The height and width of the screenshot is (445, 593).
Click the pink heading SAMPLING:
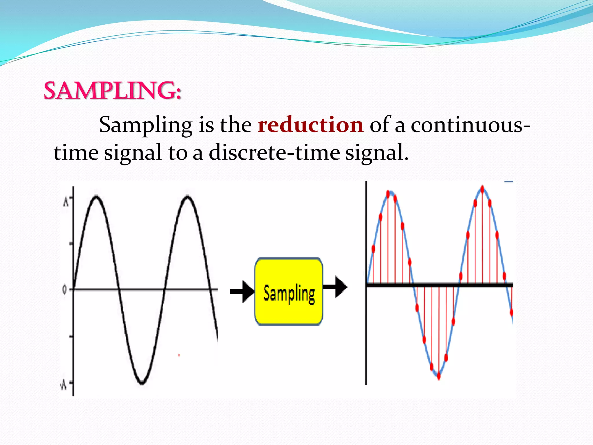[x=112, y=91]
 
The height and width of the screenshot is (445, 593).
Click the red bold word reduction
[x=310, y=125]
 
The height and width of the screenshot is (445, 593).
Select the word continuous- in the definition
[x=470, y=125]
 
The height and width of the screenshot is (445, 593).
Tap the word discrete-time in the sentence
[x=274, y=152]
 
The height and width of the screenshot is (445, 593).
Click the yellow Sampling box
[x=289, y=291]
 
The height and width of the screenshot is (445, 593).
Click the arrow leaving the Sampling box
[x=335, y=287]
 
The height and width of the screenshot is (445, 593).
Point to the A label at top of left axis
[x=66, y=201]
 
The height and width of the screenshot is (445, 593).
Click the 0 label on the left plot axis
[x=64, y=289]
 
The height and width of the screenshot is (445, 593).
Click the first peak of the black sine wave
[x=96, y=197]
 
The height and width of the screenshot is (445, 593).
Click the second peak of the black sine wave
[x=188, y=197]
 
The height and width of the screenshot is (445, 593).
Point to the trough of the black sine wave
[x=142, y=383]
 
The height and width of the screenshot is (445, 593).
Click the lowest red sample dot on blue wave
[x=439, y=376]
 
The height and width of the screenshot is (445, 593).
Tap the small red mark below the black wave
[x=179, y=355]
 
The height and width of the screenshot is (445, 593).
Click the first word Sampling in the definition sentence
[x=146, y=125]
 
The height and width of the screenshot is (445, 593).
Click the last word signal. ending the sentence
[x=377, y=152]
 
